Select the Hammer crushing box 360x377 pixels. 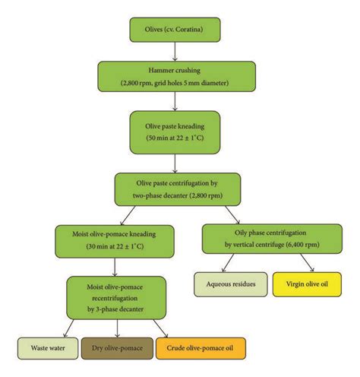176,76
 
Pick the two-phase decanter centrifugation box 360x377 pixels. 176,189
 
